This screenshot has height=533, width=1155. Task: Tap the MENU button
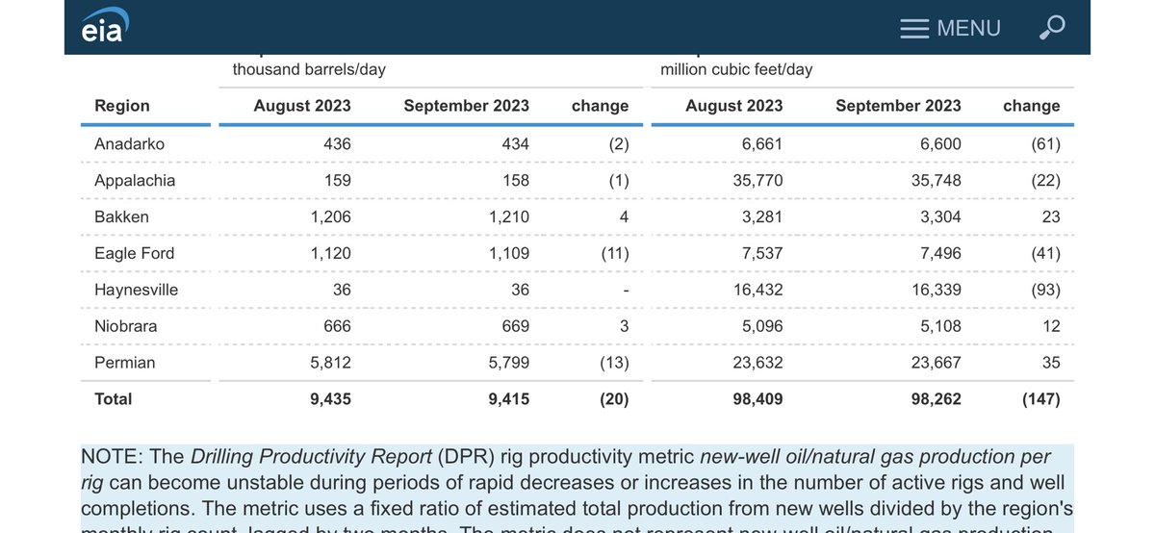click(950, 28)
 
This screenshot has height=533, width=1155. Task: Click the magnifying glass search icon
click(1052, 28)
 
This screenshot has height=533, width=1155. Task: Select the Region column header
click(122, 106)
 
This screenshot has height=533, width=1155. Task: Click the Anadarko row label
click(129, 143)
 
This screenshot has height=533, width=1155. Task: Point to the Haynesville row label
click(136, 290)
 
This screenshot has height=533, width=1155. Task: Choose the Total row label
click(114, 398)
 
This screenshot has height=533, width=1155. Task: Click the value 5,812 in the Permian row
click(331, 363)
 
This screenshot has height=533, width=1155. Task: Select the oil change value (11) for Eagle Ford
click(610, 253)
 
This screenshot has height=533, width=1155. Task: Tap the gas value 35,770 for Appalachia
click(756, 180)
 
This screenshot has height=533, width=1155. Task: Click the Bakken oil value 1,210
click(508, 216)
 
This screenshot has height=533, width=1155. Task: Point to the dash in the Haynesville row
click(625, 290)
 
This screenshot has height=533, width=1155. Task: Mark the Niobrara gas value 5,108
click(939, 326)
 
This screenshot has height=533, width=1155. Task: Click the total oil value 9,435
click(329, 398)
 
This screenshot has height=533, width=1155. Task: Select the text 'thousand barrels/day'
click(309, 69)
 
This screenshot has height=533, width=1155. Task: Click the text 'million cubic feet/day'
click(736, 69)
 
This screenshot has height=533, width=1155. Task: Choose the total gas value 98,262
click(935, 398)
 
